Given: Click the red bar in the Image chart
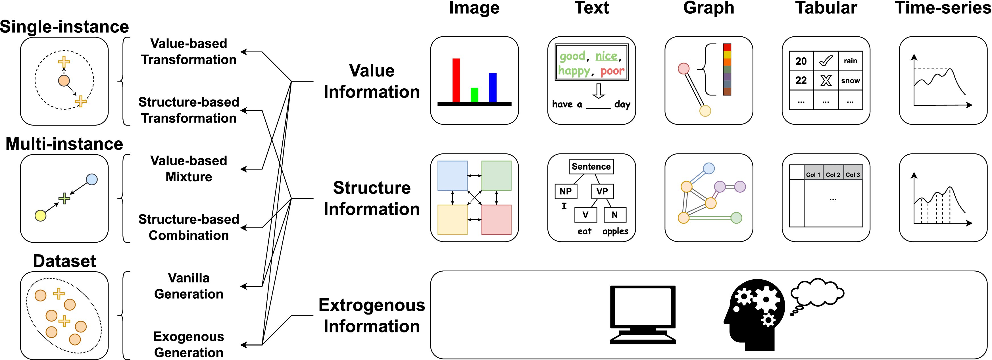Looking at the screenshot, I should [x=456, y=80].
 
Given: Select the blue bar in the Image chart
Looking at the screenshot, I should [x=493, y=88].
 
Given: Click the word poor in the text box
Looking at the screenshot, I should [x=612, y=71].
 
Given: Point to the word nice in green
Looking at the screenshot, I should [x=606, y=56].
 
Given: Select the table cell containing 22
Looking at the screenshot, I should [x=801, y=80].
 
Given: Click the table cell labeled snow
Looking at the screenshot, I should [x=850, y=80].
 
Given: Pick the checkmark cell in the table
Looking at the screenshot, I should [x=826, y=61].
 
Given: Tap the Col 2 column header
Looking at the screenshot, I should [x=833, y=174].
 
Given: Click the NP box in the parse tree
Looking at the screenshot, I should [x=566, y=191].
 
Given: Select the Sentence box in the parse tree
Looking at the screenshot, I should [x=591, y=166].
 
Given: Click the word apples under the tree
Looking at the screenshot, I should [x=615, y=231].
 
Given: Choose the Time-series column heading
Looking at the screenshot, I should [x=943, y=8].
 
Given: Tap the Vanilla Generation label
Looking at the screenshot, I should [x=189, y=286].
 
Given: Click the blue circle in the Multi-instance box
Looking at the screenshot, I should [x=92, y=179].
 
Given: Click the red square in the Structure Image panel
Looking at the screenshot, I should [x=496, y=219].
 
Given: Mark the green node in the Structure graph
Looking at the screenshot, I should [x=736, y=218].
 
